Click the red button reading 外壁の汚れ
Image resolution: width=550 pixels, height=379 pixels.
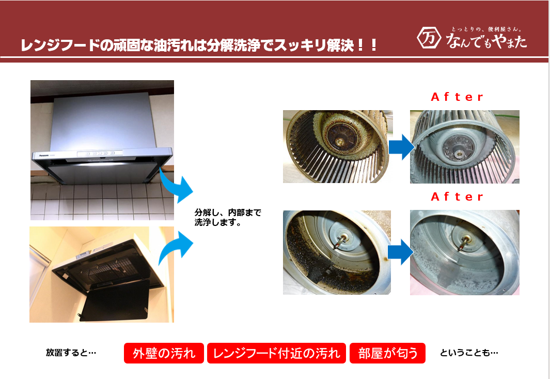164,353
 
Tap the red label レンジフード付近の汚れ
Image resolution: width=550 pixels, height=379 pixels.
276,353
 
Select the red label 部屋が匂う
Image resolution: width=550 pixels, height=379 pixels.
388,353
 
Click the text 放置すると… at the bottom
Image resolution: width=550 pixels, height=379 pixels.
71,352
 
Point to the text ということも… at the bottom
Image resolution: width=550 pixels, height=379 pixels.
469,352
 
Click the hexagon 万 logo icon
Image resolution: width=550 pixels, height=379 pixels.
429,38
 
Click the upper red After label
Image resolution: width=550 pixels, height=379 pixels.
457,97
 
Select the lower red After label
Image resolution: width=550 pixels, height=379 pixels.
457,196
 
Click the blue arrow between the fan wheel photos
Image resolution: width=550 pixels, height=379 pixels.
401,147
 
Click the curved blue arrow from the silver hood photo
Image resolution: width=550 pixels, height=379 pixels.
177,186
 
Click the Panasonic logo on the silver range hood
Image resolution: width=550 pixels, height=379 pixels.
44,155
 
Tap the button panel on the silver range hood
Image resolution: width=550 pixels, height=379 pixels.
100,154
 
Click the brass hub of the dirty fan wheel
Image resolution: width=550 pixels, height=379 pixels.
339,142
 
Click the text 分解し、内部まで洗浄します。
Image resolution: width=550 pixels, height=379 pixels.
228,218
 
